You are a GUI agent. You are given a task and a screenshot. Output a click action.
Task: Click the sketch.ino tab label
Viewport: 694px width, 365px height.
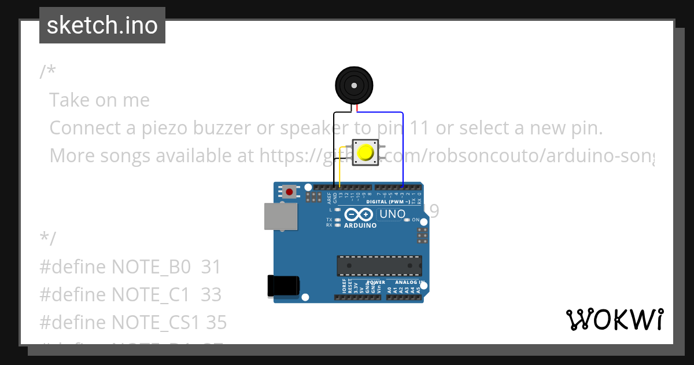(x=102, y=25)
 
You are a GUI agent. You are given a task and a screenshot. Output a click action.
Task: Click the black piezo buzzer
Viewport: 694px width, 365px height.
(x=353, y=85)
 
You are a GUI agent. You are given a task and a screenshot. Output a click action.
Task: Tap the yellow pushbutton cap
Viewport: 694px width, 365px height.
(x=366, y=152)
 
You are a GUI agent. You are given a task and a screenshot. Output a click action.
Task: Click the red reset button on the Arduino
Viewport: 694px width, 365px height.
(x=289, y=191)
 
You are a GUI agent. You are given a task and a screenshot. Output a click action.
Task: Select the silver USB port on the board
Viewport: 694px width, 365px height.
(x=281, y=217)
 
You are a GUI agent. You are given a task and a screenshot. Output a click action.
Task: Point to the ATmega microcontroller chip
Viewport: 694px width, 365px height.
(x=379, y=265)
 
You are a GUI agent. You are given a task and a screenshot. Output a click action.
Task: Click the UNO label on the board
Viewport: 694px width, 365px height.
(x=392, y=214)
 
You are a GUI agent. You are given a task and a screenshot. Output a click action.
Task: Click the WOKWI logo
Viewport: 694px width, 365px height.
(x=614, y=319)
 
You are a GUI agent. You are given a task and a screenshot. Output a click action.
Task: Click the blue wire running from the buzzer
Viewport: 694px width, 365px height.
(x=403, y=145)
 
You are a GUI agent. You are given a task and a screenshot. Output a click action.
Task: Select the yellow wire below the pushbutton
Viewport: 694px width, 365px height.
(x=339, y=171)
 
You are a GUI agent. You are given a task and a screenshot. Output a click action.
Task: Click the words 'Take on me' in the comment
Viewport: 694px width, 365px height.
(x=99, y=100)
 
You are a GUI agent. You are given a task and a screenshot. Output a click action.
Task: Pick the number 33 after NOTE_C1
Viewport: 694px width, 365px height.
(x=211, y=295)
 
